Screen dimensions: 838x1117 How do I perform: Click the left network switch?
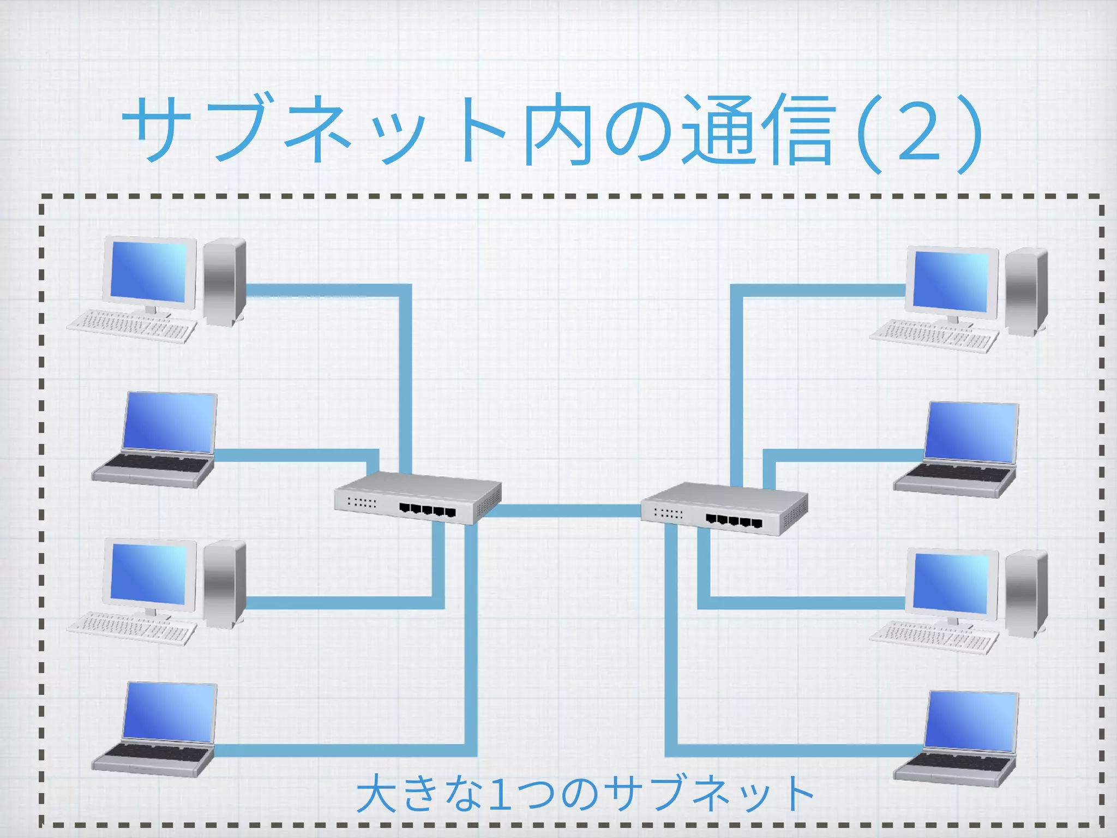pyautogui.click(x=417, y=498)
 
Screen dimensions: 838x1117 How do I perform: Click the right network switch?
pyautogui.click(x=724, y=508)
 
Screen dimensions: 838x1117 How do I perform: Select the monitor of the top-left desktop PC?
pyautogui.click(x=149, y=271)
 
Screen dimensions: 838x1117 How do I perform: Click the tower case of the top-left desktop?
pyautogui.click(x=224, y=281)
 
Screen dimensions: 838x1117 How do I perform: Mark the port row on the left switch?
pyautogui.click(x=427, y=511)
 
